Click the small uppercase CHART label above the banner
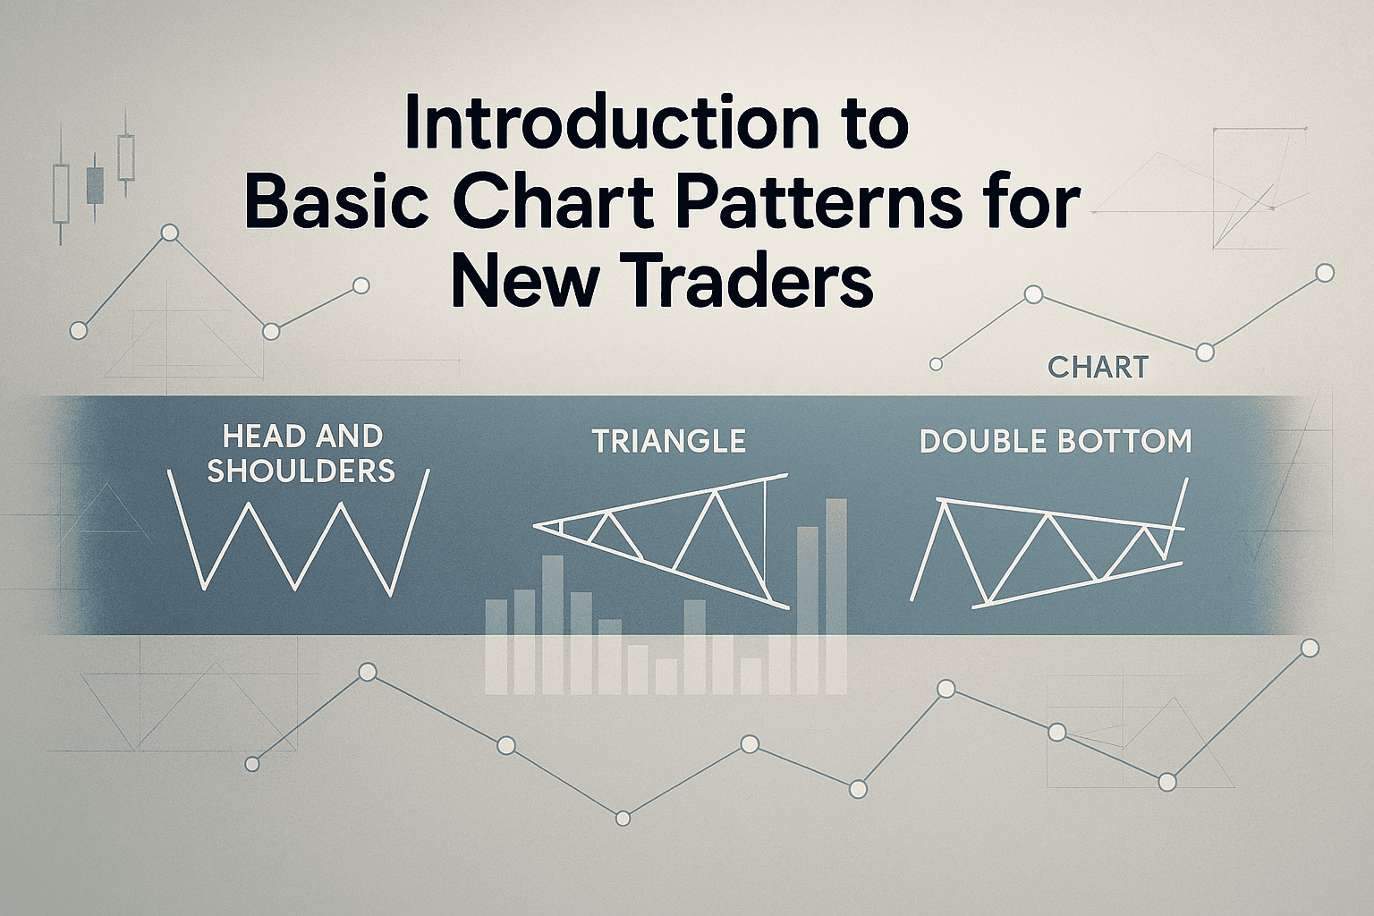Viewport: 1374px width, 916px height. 1097,367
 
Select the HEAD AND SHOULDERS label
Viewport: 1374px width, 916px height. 301,454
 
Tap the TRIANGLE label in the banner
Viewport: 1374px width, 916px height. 668,441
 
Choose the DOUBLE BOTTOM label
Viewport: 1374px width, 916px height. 1056,442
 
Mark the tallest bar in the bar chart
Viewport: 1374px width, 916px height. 835,596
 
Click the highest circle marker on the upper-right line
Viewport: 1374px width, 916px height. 1326,273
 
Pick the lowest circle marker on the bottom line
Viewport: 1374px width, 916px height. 623,818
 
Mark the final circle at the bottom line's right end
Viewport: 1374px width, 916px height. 1310,648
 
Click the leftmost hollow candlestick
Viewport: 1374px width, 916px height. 61,193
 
